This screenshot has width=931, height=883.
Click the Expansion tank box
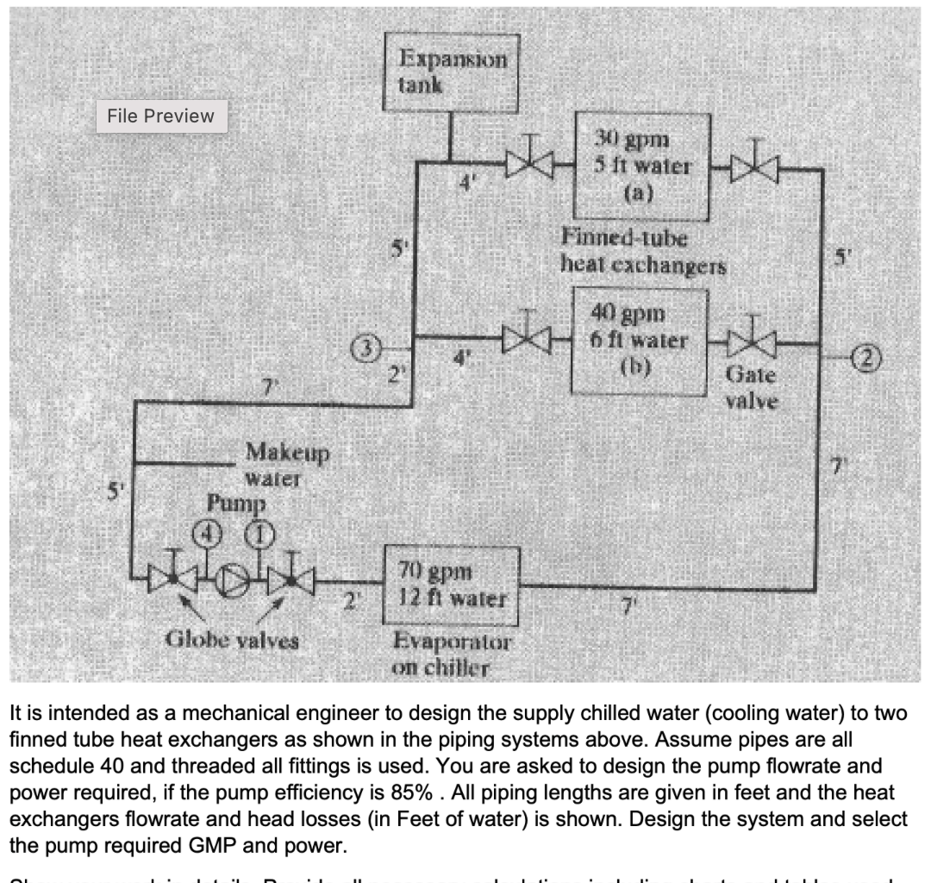pyautogui.click(x=451, y=73)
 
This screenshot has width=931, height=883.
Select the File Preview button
pyautogui.click(x=161, y=116)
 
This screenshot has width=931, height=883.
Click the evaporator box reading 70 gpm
pyautogui.click(x=453, y=586)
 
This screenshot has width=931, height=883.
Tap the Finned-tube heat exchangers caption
pyautogui.click(x=642, y=249)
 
